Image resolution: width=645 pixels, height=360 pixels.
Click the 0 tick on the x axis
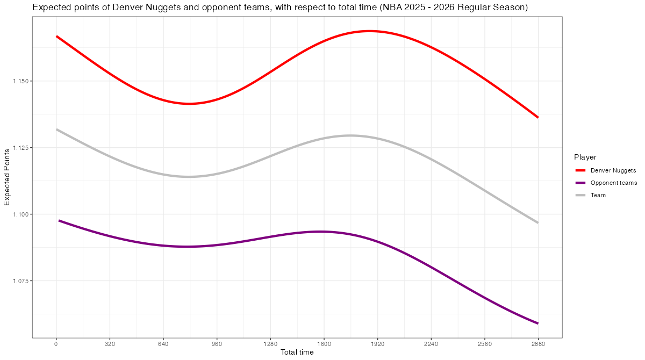56,344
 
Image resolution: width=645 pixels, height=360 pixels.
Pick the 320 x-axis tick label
110,344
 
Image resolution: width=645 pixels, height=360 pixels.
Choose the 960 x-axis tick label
217,344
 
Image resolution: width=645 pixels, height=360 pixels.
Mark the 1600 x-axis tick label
324,344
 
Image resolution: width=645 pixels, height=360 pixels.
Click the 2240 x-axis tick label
431,344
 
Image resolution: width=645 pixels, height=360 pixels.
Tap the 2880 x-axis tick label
538,344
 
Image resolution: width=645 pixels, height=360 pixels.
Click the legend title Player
585,157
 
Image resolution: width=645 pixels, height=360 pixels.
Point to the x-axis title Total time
297,352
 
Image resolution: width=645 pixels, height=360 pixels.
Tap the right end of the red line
538,117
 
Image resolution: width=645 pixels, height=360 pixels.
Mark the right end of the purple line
538,323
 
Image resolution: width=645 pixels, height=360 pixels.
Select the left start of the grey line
56,129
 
